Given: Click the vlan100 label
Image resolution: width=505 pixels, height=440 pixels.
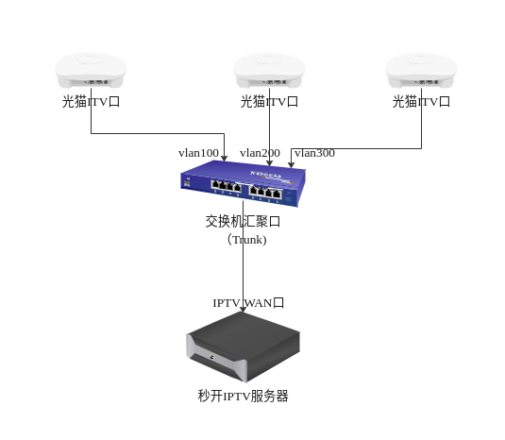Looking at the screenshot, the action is (x=198, y=153).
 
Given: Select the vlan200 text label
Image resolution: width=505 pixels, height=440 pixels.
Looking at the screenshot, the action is (x=260, y=153).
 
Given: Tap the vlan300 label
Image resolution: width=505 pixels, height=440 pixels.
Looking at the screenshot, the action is (x=314, y=153).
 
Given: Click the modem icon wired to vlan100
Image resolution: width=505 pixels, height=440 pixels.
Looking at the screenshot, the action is (x=91, y=71).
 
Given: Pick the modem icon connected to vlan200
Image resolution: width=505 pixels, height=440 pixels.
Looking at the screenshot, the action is (x=269, y=71).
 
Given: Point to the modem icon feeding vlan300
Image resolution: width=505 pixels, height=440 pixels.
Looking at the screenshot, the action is (x=421, y=71).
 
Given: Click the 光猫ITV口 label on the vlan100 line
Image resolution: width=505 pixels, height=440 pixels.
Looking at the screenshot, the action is (x=91, y=102).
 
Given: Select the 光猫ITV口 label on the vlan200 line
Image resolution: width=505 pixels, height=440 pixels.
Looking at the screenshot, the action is (x=269, y=102).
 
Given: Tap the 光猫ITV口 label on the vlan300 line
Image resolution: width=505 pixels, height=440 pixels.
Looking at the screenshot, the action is (x=421, y=102).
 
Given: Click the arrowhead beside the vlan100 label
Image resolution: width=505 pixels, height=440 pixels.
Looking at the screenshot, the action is (x=224, y=159).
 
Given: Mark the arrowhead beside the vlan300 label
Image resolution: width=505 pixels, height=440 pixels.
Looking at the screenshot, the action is (x=291, y=164).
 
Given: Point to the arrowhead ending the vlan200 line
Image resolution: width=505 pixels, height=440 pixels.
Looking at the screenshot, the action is (x=270, y=163).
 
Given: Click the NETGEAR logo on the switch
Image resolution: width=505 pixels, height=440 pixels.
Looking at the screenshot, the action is (x=266, y=175).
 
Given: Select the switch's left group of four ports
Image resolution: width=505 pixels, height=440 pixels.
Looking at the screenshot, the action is (x=227, y=186).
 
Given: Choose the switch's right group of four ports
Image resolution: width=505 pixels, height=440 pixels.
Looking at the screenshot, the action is (x=265, y=192).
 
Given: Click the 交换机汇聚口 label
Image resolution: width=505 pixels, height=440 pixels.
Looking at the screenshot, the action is (x=243, y=222).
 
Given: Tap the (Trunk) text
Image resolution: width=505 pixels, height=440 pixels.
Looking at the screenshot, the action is (x=246, y=240).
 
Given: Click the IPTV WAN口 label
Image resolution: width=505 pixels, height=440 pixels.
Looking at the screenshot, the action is (x=248, y=303).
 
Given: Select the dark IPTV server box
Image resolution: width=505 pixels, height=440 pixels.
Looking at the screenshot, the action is (x=244, y=347).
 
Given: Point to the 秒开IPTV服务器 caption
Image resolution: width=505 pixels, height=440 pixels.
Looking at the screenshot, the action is (x=244, y=397).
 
